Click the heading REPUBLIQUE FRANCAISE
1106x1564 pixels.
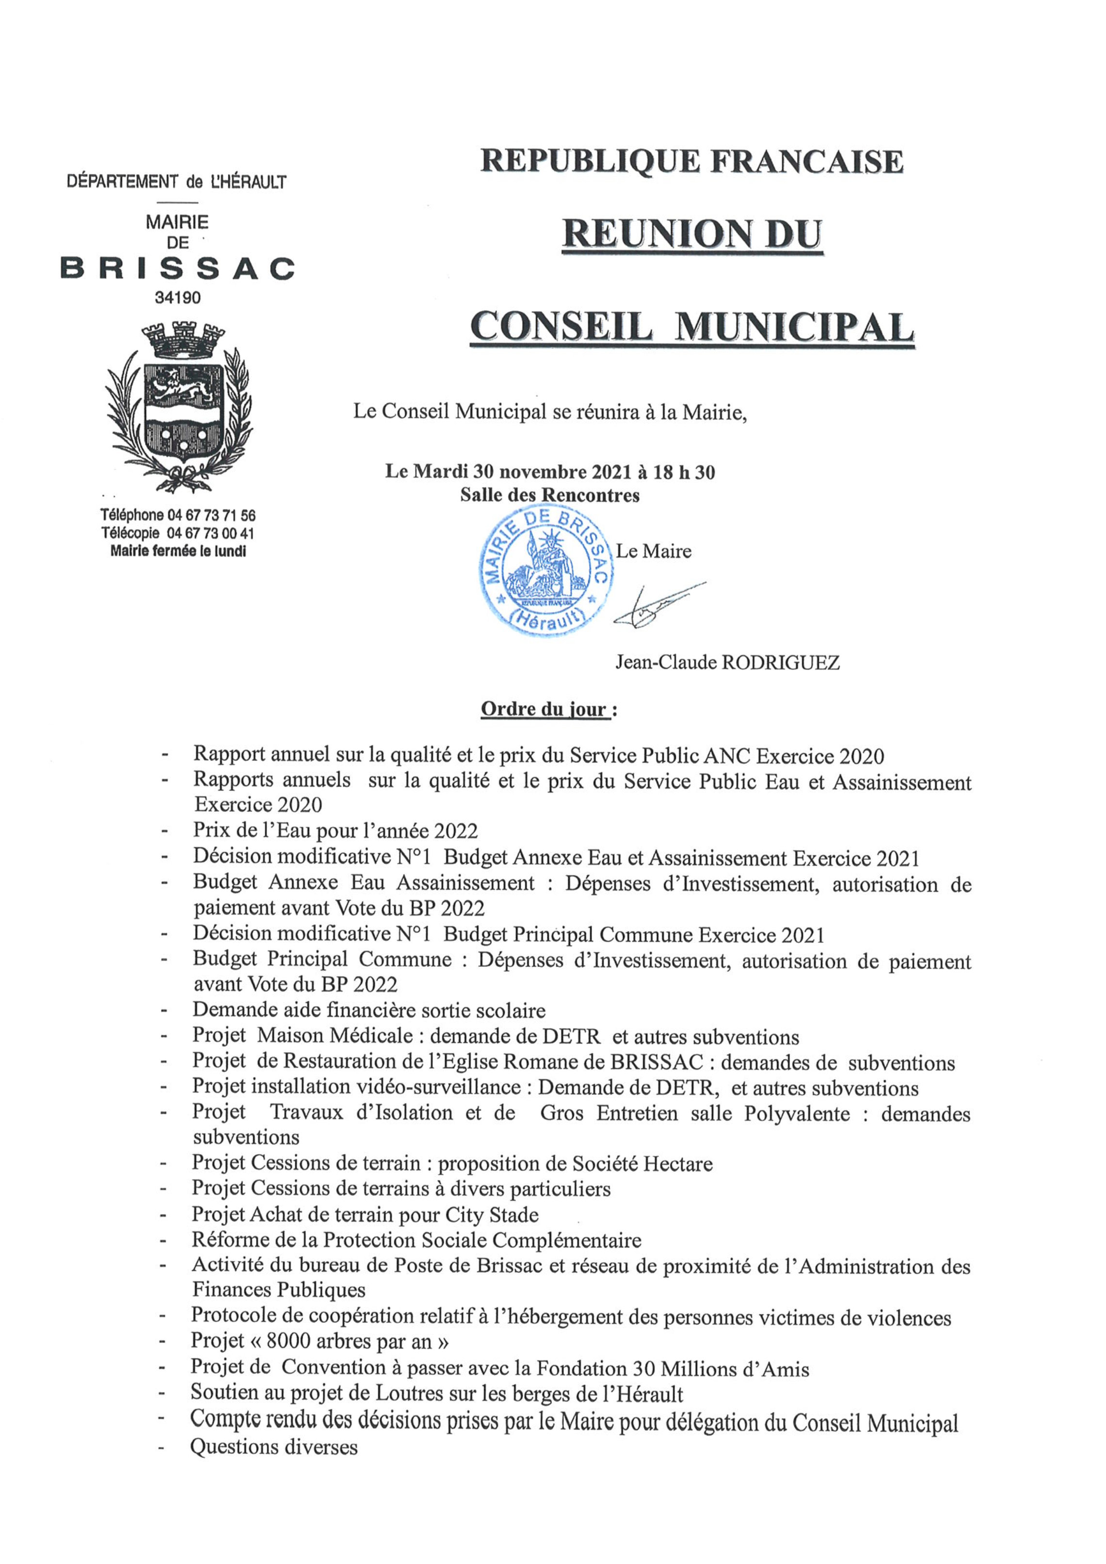(x=692, y=162)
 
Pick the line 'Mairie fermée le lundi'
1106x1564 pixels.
(x=178, y=551)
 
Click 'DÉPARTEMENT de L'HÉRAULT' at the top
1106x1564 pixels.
(x=177, y=182)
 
